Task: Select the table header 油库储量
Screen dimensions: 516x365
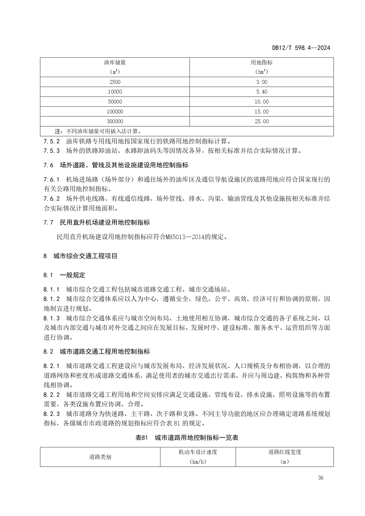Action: (x=115, y=63)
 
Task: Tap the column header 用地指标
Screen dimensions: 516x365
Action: (x=261, y=63)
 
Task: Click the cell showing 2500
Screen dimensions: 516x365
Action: (x=115, y=82)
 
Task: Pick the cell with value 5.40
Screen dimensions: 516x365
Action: (x=261, y=92)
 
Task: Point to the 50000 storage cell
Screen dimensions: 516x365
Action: (x=115, y=102)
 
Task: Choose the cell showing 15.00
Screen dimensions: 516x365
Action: (x=261, y=112)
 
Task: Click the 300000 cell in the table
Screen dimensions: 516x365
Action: (x=115, y=121)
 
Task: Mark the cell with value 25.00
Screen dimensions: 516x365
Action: (x=261, y=121)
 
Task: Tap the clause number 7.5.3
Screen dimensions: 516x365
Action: (x=51, y=151)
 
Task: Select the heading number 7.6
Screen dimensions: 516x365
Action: (x=48, y=165)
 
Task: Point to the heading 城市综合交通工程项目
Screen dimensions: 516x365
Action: (x=85, y=256)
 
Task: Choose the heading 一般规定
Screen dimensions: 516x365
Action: (x=72, y=275)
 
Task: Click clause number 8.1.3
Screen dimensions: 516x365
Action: (x=51, y=318)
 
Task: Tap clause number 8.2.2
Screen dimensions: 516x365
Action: (x=51, y=395)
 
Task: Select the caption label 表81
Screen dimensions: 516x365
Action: (x=141, y=438)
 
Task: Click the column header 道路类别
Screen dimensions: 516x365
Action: (x=100, y=457)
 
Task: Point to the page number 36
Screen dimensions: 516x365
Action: (x=321, y=478)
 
